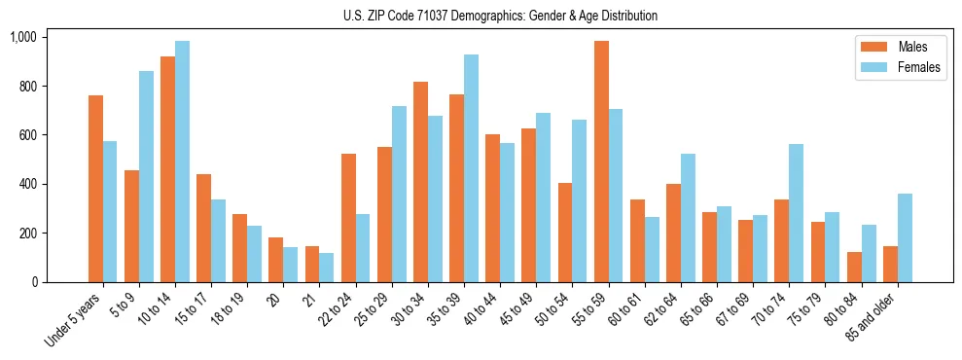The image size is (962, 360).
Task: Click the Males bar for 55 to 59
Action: [601, 162]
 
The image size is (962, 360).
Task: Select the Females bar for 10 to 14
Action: [183, 162]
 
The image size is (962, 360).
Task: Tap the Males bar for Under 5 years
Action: [95, 189]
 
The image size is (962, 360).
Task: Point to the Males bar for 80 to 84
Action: [854, 268]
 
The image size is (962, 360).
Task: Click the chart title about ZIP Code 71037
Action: [500, 16]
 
